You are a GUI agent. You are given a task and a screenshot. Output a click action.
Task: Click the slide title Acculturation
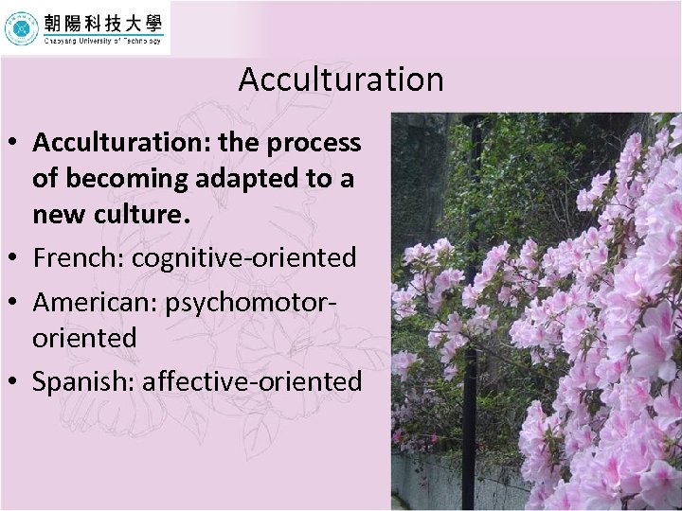pyautogui.click(x=340, y=79)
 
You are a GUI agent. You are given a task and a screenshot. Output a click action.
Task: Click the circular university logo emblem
pyautogui.click(x=21, y=28)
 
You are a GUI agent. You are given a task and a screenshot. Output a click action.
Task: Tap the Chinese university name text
pyautogui.click(x=102, y=21)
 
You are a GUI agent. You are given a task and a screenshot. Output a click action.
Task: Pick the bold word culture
pyautogui.click(x=140, y=215)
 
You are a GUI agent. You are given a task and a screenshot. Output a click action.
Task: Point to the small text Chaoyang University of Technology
pyautogui.click(x=102, y=41)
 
